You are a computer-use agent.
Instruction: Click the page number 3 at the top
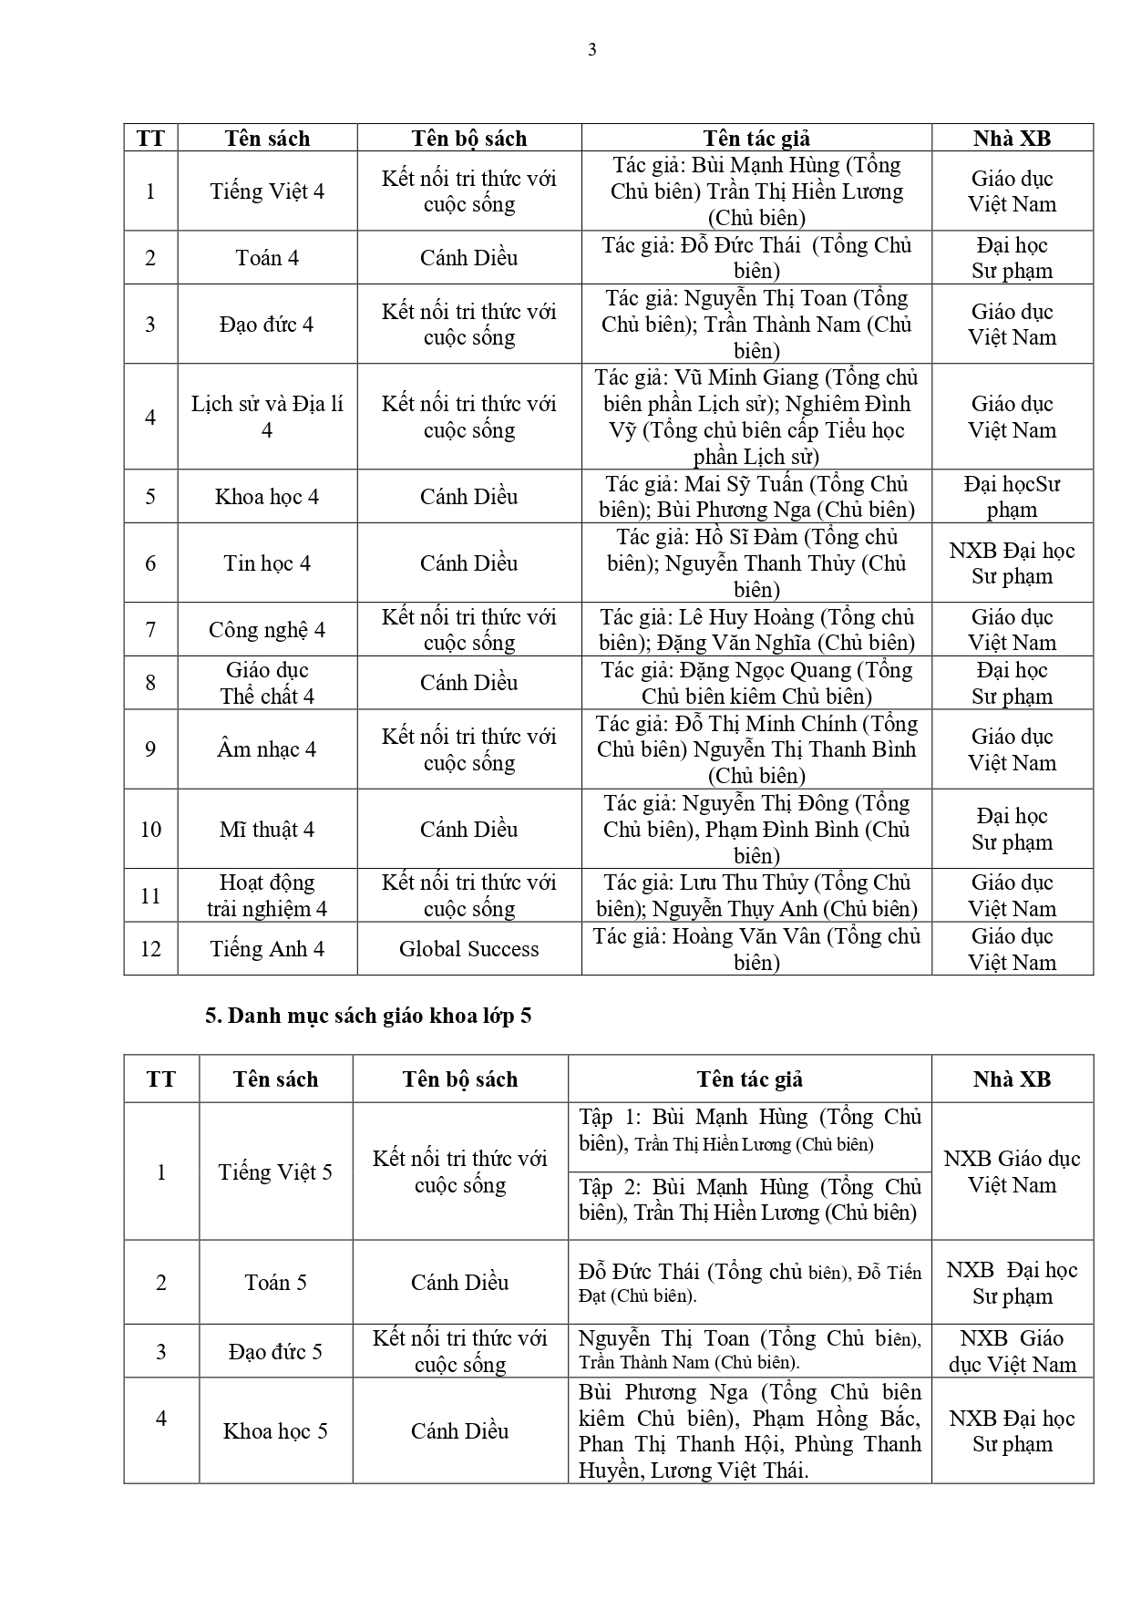(x=592, y=50)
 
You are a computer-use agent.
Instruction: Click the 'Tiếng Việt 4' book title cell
(x=267, y=191)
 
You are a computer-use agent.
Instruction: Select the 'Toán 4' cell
(x=267, y=258)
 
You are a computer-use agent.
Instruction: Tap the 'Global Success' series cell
(x=468, y=949)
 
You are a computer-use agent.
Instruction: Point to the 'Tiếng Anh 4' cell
(x=267, y=949)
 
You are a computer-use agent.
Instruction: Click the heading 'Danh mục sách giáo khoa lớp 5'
(x=368, y=1016)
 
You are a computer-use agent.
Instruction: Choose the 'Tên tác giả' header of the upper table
(x=756, y=139)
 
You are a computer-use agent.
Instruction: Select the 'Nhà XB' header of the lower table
(x=1012, y=1079)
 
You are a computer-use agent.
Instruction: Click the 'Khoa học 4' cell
(x=267, y=497)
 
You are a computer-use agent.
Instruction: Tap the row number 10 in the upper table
(x=150, y=830)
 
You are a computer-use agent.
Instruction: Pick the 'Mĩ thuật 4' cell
(x=267, y=830)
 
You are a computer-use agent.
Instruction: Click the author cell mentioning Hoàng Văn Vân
(x=756, y=949)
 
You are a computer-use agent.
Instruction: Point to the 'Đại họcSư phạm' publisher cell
(x=1012, y=497)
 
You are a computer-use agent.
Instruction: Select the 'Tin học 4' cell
(x=267, y=563)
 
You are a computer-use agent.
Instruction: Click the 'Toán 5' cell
(x=275, y=1283)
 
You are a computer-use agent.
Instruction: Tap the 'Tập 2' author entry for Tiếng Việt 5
(x=749, y=1200)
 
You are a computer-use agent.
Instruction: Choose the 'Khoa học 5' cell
(x=275, y=1431)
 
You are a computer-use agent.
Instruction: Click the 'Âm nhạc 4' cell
(x=267, y=749)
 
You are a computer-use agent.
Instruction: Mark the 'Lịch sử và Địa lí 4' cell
(x=267, y=417)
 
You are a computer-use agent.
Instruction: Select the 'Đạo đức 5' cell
(x=275, y=1351)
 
